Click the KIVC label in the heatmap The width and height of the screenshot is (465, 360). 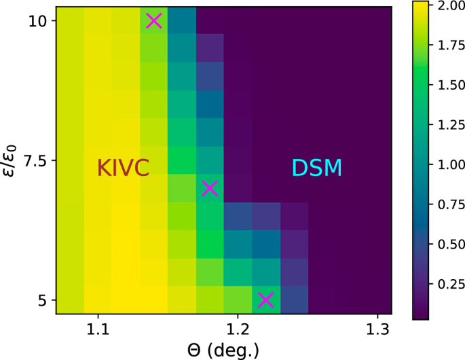pos(123,168)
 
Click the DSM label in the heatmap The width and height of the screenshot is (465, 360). pos(317,168)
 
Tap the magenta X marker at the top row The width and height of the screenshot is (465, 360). pos(154,20)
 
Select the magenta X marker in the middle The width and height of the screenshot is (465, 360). pos(210,188)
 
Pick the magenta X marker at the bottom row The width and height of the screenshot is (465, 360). pos(265,300)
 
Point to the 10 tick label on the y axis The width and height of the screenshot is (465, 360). pos(37,21)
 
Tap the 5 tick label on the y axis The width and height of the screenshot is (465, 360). pos(41,300)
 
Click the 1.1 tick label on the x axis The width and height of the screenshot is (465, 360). pos(98,329)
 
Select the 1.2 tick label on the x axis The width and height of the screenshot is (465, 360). pos(238,329)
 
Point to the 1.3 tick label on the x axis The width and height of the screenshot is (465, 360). pos(377,329)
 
